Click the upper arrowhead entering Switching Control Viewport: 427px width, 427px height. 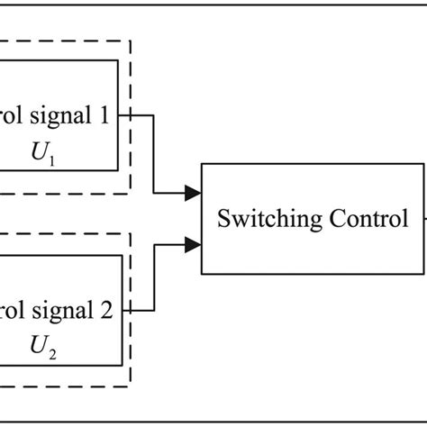coord(192,192)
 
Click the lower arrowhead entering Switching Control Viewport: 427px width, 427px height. coord(192,243)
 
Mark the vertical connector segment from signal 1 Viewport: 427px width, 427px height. coord(155,153)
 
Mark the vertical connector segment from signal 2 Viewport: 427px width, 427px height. coord(155,277)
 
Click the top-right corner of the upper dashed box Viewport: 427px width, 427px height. coord(131,41)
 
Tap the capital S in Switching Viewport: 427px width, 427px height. coord(221,219)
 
